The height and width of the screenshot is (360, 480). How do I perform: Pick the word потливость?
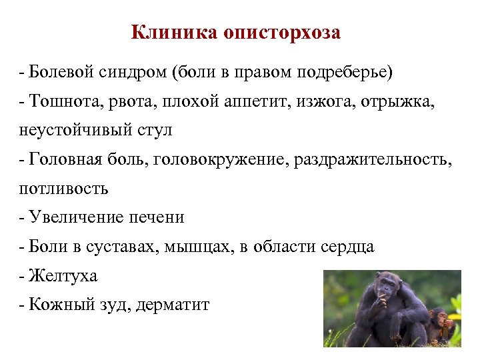coord(63,189)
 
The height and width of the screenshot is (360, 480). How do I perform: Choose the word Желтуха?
coord(63,275)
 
